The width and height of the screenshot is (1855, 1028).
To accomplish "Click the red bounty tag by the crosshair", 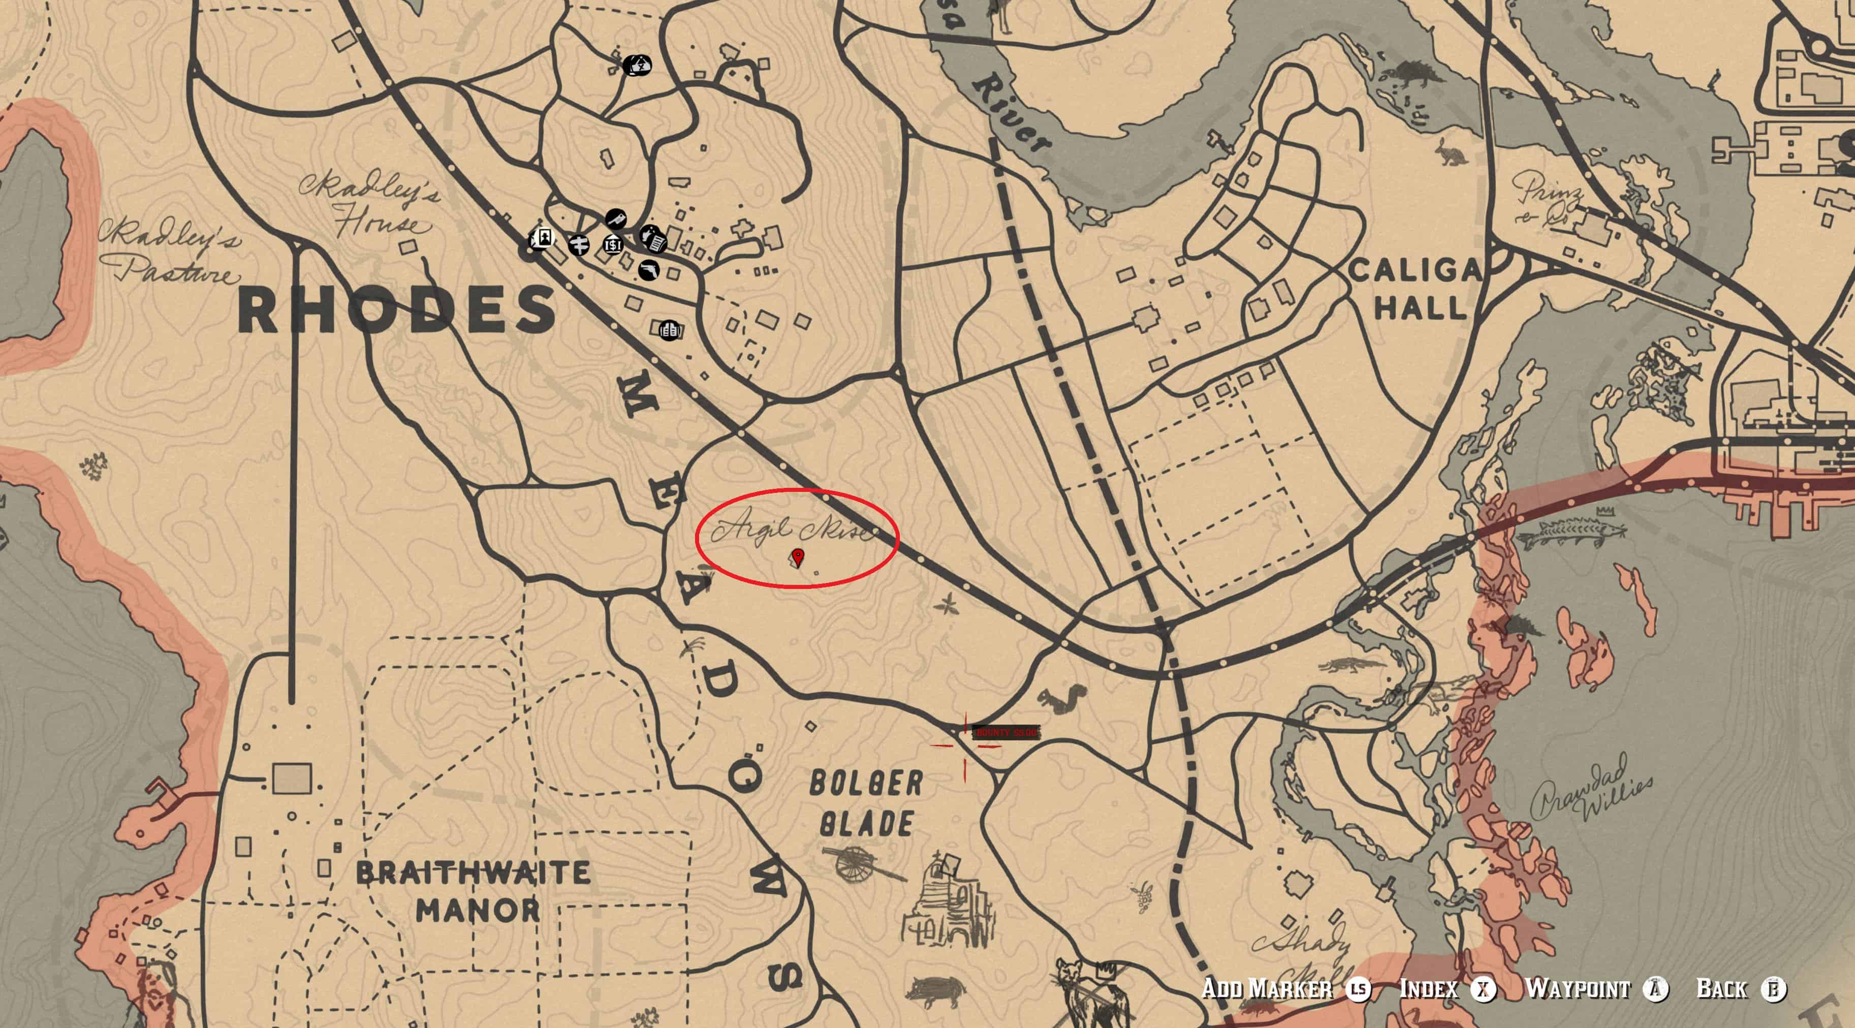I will coord(1006,733).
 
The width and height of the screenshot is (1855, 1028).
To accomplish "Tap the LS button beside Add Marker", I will coord(1359,989).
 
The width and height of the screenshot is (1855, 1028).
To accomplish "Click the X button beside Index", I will coord(1484,989).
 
